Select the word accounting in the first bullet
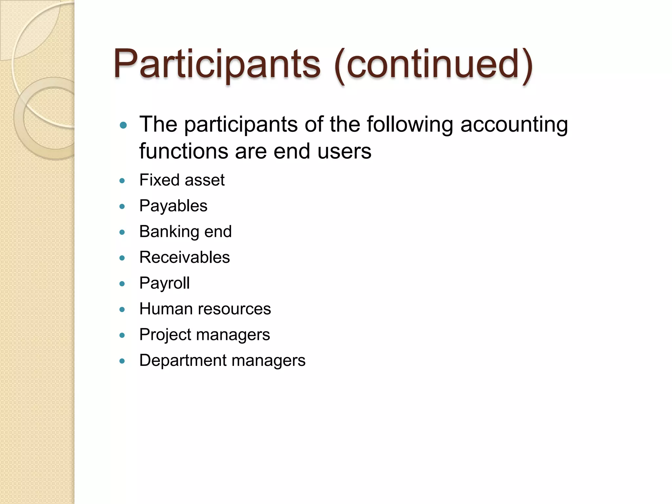514,125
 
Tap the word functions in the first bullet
183,151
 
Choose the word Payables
173,206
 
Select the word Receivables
184,257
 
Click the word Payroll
164,283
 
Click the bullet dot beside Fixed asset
122,180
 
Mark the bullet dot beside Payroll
122,284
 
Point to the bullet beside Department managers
122,361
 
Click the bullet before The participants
123,125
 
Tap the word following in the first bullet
410,125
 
